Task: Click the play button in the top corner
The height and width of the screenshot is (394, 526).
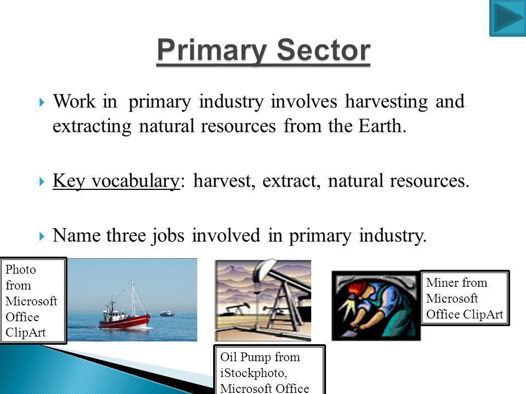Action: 508,18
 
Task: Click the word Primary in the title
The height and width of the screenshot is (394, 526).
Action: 211,50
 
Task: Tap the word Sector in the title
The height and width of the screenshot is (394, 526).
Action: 323,50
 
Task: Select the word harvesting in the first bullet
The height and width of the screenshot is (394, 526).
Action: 386,102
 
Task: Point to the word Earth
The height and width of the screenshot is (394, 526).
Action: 382,126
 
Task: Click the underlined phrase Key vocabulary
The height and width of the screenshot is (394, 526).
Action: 116,181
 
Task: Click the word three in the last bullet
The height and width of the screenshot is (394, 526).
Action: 126,235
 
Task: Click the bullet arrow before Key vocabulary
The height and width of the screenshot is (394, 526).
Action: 42,182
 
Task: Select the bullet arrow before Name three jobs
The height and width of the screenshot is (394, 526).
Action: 42,236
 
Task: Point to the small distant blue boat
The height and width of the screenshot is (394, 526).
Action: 167,313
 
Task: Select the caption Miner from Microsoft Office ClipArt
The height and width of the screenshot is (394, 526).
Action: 465,298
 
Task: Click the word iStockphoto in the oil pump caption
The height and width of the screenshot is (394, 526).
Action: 253,373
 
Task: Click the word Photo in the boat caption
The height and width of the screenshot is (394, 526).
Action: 20,269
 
